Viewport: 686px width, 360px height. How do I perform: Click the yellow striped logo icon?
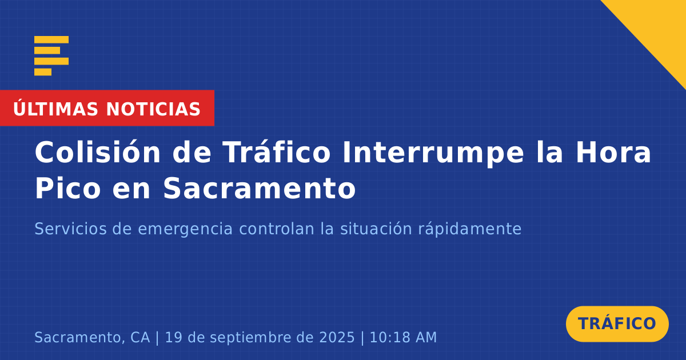pos(51,56)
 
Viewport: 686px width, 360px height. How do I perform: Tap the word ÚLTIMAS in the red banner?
pos(55,109)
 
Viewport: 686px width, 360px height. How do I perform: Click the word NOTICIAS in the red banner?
pos(153,109)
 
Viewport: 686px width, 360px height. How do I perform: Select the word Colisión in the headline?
pos(97,152)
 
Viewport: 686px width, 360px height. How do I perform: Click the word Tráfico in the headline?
pos(277,151)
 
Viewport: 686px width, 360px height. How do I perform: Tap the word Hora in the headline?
pos(613,152)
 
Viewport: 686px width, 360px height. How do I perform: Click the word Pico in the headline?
pos(68,188)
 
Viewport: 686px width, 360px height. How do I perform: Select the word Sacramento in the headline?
pos(260,188)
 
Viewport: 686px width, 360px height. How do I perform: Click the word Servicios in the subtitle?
pos(70,229)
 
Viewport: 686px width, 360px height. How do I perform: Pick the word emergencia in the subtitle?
pos(185,230)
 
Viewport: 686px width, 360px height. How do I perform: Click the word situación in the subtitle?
pos(376,229)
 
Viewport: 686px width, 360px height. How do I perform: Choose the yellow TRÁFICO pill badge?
pos(617,323)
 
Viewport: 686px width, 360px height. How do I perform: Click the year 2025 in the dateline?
pos(337,337)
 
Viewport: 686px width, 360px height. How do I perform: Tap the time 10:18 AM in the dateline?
pos(403,337)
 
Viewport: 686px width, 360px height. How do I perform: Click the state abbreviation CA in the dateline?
pos(140,337)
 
